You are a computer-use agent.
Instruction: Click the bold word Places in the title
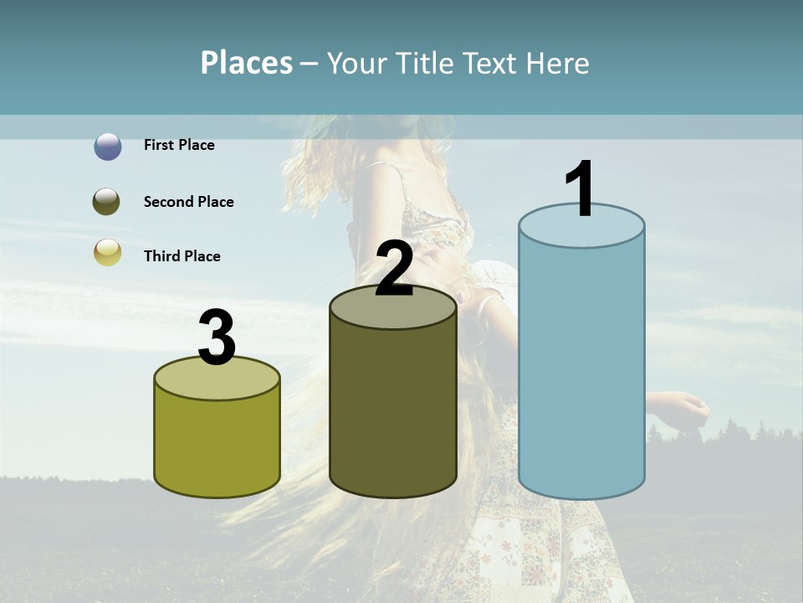coord(247,63)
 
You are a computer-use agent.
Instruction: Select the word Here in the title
coord(559,64)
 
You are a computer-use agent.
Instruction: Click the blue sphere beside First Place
coord(108,147)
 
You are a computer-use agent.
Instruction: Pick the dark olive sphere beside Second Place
coord(108,202)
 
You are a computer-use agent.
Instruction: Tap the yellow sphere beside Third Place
coord(108,252)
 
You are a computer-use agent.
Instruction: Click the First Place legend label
coord(179,145)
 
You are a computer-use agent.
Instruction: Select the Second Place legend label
coord(188,202)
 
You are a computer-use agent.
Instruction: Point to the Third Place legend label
coord(182,256)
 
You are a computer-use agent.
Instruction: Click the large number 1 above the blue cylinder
coord(581,188)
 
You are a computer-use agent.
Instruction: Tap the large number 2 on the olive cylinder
coord(394,269)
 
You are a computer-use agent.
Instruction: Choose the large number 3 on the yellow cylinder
coord(217,338)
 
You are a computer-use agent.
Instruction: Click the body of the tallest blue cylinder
coord(581,368)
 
